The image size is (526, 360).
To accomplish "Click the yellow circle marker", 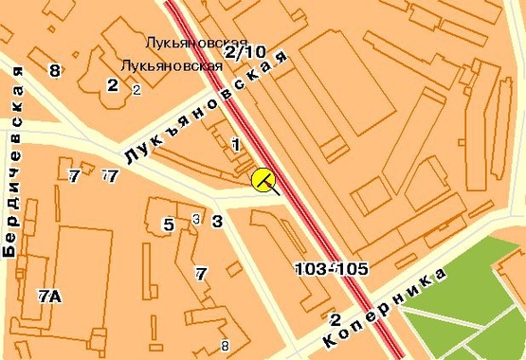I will click(263, 179).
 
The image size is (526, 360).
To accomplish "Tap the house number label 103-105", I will click(332, 269).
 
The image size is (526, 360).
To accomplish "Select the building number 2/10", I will click(246, 52).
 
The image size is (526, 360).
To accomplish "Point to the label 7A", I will click(49, 297).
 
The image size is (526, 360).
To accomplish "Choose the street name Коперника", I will click(388, 306).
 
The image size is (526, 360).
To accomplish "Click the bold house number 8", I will click(55, 71).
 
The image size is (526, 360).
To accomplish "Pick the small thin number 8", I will click(225, 345).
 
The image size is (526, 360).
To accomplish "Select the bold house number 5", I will click(169, 225).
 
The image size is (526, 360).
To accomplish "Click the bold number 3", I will click(217, 222).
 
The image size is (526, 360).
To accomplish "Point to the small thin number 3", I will click(195, 220).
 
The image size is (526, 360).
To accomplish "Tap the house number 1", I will click(235, 144).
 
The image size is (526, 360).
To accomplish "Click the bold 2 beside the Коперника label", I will click(336, 318).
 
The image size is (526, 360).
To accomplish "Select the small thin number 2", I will click(136, 90).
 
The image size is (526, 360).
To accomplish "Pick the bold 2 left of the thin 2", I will click(113, 85).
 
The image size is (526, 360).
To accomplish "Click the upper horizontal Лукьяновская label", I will click(196, 43).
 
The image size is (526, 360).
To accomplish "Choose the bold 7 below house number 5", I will click(201, 275).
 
